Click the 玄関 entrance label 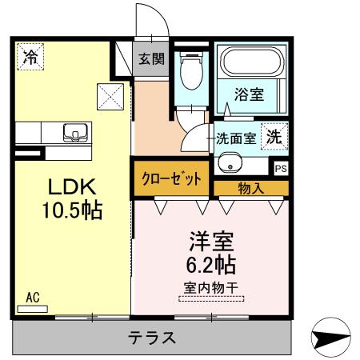point(151,58)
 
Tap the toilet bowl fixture point(191,70)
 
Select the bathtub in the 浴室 point(252,62)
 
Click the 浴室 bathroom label point(249,94)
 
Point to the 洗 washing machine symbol point(274,136)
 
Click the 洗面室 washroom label point(236,138)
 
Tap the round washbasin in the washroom point(230,162)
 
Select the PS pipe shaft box point(281,169)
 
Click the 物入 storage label point(251,189)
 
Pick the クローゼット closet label point(171,178)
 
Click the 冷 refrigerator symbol point(30,57)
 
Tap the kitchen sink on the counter point(75,133)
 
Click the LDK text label point(72,187)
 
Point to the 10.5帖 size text point(72,210)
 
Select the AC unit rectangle point(33,309)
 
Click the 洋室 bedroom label point(211,242)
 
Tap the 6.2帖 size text point(210,265)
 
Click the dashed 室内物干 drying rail point(211,298)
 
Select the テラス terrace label point(152,338)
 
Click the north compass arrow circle point(330,338)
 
